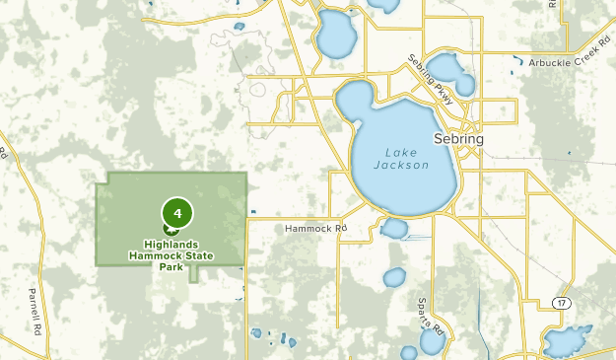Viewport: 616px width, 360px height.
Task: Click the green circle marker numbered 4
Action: click(177, 212)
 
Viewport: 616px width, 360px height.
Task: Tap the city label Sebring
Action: click(458, 139)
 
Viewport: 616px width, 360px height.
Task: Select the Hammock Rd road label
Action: click(316, 228)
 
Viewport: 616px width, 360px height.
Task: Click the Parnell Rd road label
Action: click(37, 306)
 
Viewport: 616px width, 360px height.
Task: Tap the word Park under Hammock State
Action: click(171, 266)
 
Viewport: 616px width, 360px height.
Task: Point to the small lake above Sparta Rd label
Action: click(394, 277)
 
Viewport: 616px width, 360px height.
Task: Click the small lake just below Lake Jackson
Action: click(394, 229)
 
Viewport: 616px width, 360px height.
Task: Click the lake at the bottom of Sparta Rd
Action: click(432, 341)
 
